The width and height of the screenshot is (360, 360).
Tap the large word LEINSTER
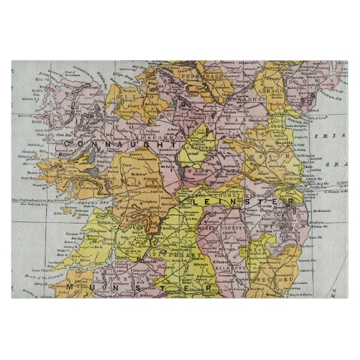pos(241,202)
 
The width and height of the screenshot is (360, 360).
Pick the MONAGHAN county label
pos(249,99)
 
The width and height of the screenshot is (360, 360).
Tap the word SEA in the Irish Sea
pos(337,164)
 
